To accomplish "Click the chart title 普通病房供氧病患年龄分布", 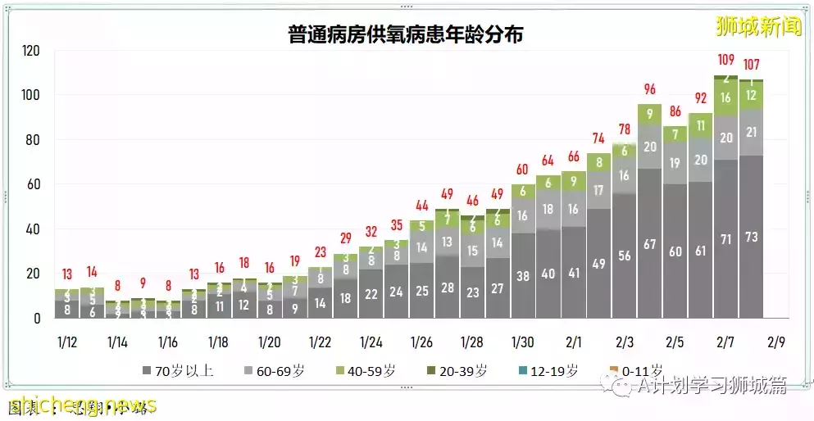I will tap(406, 34).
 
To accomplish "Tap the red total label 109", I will tap(726, 60).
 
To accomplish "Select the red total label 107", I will tap(752, 65).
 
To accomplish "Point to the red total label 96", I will tap(650, 89).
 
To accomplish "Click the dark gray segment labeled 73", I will tap(752, 237).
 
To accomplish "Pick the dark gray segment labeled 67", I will tap(650, 243).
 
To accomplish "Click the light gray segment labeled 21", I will tap(752, 132).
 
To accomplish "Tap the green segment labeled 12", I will tap(752, 95).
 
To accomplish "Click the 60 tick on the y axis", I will tap(33, 184).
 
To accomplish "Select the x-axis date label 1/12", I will tap(68, 341).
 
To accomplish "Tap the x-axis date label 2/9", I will tap(777, 341).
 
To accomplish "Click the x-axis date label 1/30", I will tap(523, 341).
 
